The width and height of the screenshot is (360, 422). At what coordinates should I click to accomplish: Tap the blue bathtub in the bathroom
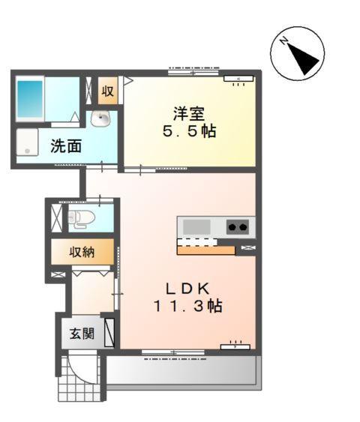(x=31, y=97)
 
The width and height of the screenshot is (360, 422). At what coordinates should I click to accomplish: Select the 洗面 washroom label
(x=66, y=146)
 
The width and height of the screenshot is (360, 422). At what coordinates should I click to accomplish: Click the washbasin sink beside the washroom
(x=100, y=118)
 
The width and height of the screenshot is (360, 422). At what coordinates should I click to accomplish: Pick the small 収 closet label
(x=108, y=91)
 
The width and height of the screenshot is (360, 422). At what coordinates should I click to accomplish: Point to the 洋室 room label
(x=188, y=114)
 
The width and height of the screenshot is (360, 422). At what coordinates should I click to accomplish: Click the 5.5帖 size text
(x=188, y=132)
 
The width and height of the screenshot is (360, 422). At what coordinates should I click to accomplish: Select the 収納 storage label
(x=82, y=251)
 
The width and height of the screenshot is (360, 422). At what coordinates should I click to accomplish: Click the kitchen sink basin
(x=197, y=226)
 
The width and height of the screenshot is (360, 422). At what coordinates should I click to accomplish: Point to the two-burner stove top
(x=238, y=226)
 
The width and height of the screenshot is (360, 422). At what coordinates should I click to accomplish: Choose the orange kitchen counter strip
(x=207, y=250)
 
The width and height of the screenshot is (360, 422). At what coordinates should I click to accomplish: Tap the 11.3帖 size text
(x=188, y=307)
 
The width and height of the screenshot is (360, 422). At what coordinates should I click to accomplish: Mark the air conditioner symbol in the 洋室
(x=238, y=79)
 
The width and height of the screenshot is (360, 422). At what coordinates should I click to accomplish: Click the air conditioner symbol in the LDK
(x=235, y=346)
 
